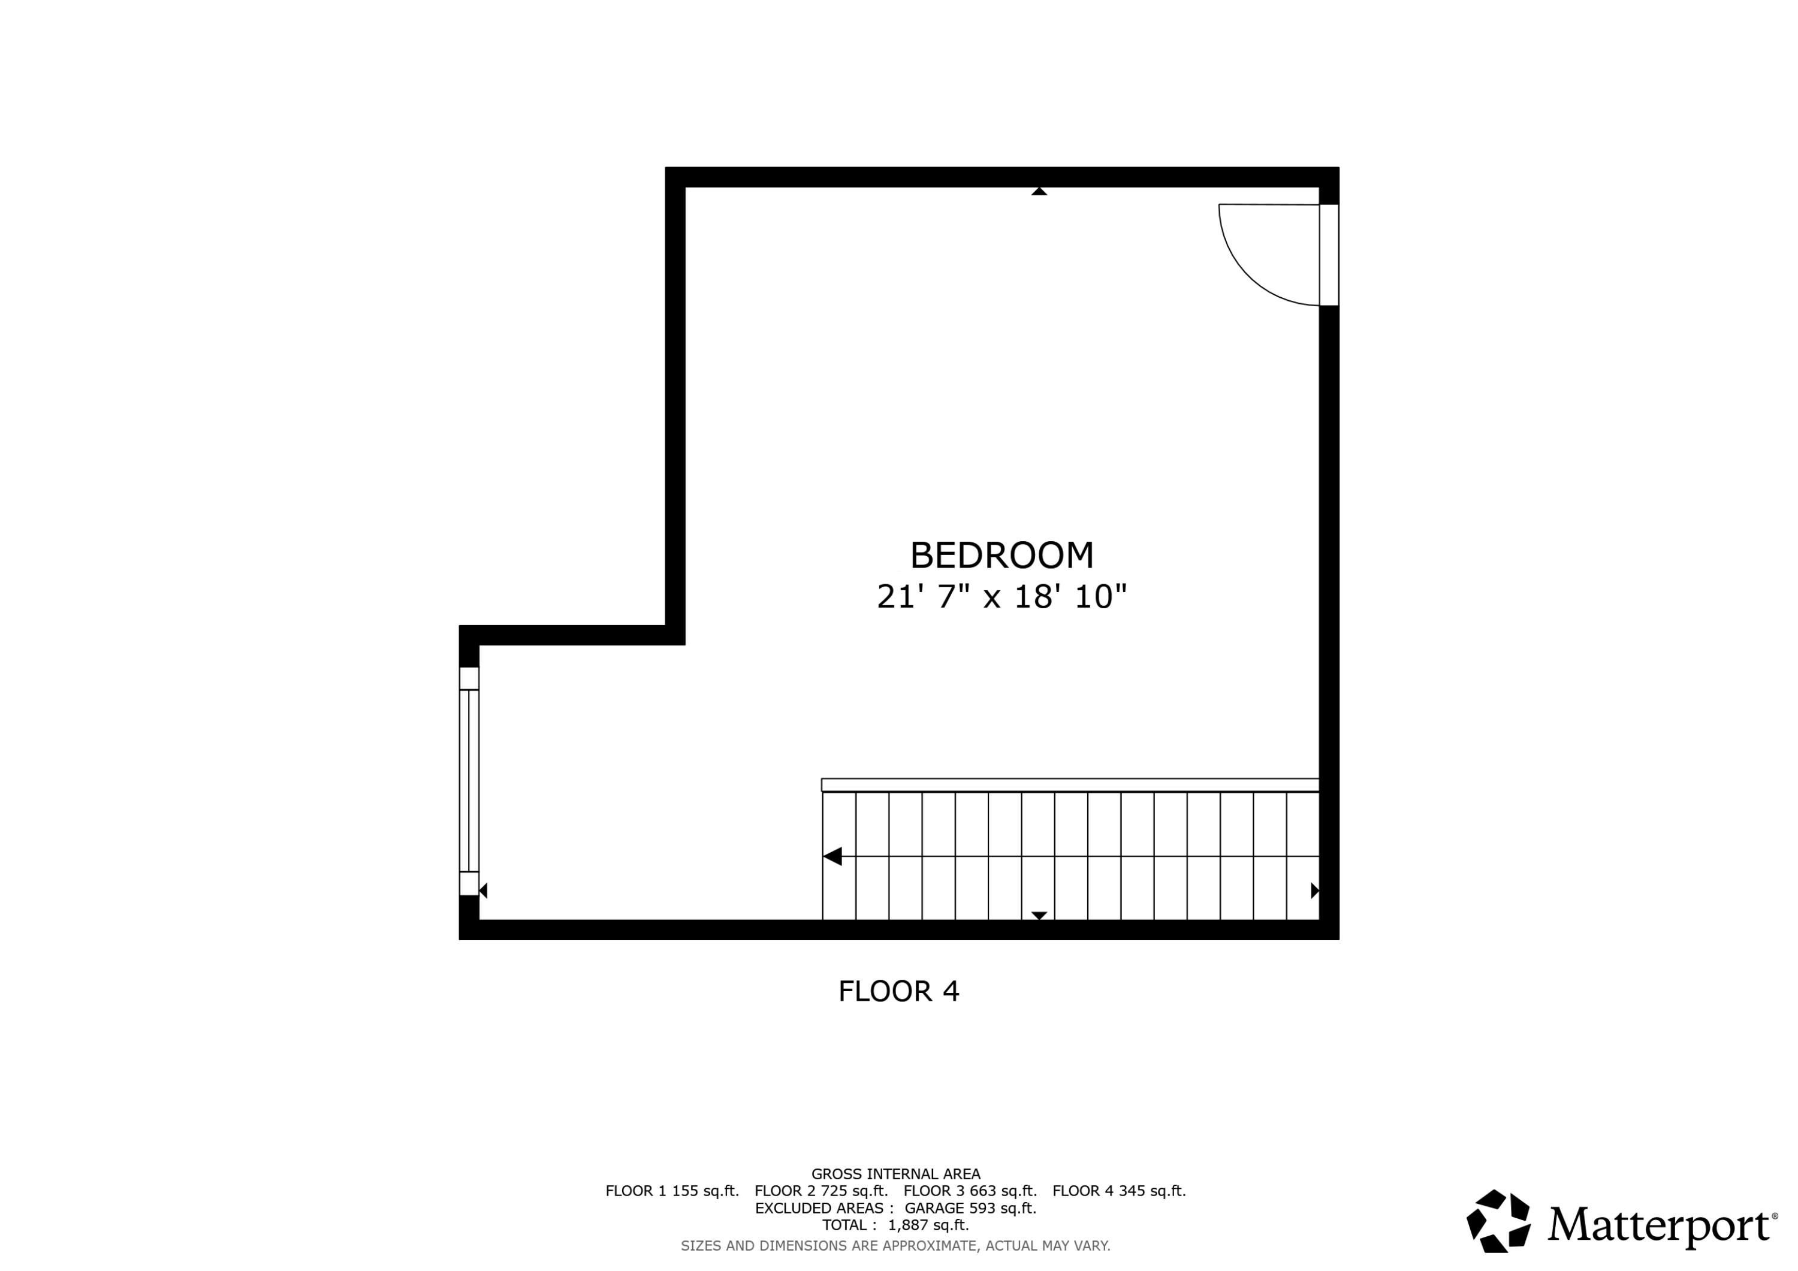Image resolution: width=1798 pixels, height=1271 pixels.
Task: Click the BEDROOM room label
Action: pyautogui.click(x=1001, y=556)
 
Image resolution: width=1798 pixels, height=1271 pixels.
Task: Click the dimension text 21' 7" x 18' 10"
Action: pyautogui.click(x=1001, y=597)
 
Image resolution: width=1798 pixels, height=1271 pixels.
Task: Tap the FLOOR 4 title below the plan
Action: pyautogui.click(x=898, y=991)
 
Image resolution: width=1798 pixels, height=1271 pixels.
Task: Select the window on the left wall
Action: pyautogui.click(x=468, y=780)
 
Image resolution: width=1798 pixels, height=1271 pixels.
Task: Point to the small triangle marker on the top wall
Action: pyautogui.click(x=1039, y=191)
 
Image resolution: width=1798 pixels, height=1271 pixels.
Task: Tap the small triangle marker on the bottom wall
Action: pyautogui.click(x=1039, y=916)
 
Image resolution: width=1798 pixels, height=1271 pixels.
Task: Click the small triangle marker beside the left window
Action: pyautogui.click(x=484, y=890)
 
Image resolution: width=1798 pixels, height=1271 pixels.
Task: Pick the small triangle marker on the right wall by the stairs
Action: pyautogui.click(x=1314, y=890)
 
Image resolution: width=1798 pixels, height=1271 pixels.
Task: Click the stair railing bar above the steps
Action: pyautogui.click(x=1070, y=784)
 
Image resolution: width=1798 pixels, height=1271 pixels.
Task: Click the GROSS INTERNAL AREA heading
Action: pyautogui.click(x=895, y=1174)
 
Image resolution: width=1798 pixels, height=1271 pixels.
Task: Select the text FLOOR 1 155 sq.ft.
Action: pyautogui.click(x=672, y=1191)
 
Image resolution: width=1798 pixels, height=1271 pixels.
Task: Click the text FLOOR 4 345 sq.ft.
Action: pyautogui.click(x=1118, y=1191)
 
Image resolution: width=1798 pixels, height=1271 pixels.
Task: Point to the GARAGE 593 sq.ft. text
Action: pyautogui.click(x=970, y=1208)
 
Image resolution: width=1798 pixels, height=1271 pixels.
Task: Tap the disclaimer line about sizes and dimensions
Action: pyautogui.click(x=895, y=1245)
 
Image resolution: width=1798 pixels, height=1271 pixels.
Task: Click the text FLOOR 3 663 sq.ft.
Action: pyautogui.click(x=970, y=1191)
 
